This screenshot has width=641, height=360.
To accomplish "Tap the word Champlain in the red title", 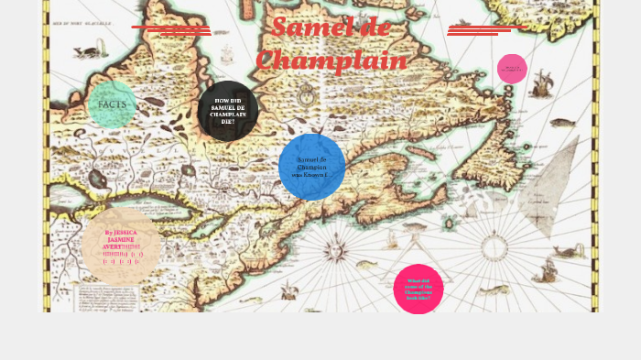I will (331, 60).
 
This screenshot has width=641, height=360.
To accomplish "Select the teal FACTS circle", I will (112, 104).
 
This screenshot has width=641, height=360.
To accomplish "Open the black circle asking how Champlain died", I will (227, 111).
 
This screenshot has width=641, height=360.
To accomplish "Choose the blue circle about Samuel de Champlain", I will (311, 167).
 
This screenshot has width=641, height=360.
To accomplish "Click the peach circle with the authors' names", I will (121, 245).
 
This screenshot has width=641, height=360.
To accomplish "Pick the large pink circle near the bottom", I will (418, 289).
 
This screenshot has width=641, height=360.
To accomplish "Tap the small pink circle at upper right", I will (512, 69).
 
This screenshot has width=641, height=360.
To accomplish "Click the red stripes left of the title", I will (172, 30).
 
